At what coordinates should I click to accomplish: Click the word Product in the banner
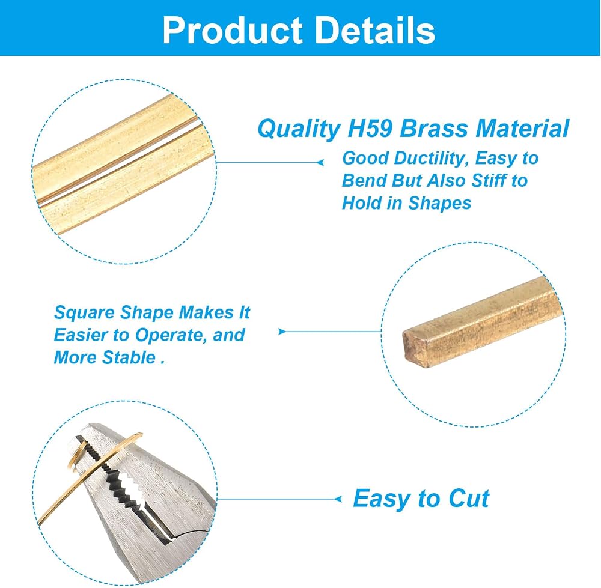click(x=233, y=30)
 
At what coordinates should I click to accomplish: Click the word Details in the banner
click(x=375, y=30)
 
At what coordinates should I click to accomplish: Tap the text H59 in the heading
click(x=370, y=129)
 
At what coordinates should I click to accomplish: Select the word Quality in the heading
click(x=299, y=129)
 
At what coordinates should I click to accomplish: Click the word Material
click(x=522, y=129)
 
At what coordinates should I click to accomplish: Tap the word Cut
click(x=469, y=499)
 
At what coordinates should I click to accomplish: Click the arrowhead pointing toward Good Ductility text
click(x=320, y=162)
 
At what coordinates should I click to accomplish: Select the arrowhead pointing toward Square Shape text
click(x=282, y=332)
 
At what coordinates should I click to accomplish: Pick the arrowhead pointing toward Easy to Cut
click(x=338, y=499)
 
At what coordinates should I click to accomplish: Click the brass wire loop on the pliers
click(x=74, y=455)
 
